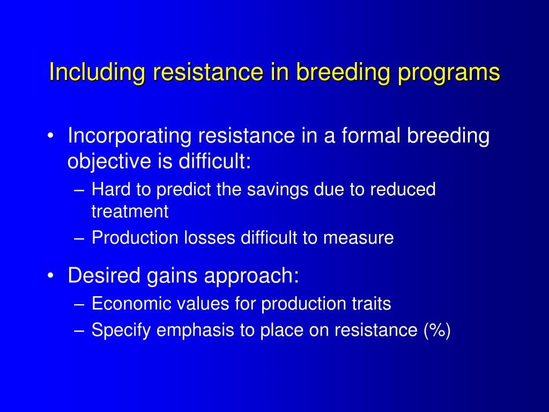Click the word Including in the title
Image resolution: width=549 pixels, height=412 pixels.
coord(97,73)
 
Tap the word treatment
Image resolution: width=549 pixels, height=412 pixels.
coord(130,211)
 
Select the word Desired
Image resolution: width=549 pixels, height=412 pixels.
coord(104,275)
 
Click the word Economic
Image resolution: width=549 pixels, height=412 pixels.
coord(131,304)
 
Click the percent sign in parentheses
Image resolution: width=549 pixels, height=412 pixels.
coord(437,330)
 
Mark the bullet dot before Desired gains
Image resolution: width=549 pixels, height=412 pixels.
coord(51,276)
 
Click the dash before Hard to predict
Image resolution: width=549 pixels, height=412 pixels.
coord(79,191)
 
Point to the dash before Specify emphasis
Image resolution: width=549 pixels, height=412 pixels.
coord(79,332)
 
